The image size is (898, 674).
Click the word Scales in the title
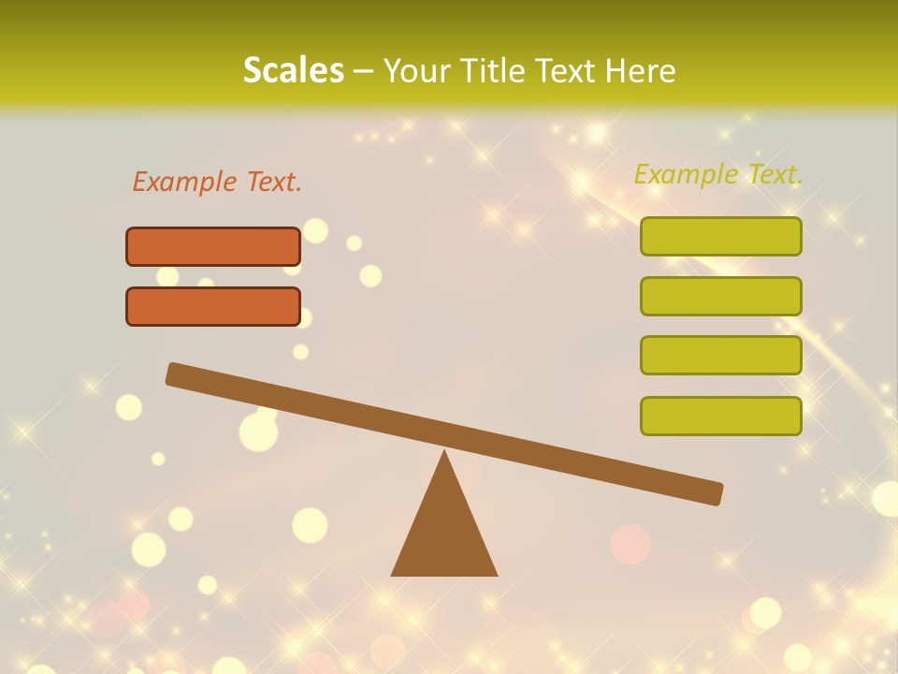[293, 70]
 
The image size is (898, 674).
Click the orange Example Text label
[217, 182]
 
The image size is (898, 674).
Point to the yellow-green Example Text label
[718, 174]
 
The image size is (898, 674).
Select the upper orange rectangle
[213, 246]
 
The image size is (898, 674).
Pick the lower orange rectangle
[213, 306]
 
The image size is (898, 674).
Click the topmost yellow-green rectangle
[721, 236]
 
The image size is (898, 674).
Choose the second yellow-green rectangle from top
[721, 296]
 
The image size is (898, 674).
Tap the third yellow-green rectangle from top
[721, 356]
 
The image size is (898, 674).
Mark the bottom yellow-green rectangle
[721, 416]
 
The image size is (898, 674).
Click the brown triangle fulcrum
[444, 534]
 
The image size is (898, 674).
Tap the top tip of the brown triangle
[444, 454]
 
